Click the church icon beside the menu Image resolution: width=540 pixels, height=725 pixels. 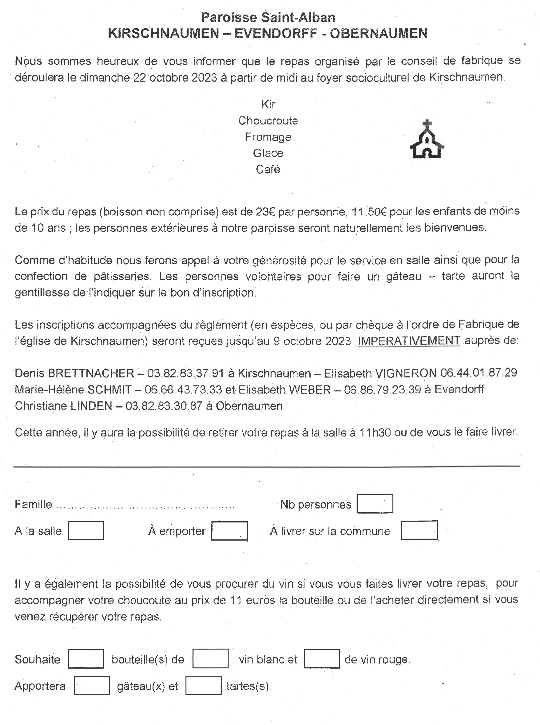pos(427,139)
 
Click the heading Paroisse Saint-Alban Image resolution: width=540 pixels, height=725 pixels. pos(268,17)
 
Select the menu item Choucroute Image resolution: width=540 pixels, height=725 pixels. pos(268,121)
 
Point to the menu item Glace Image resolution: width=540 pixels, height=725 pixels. pos(268,153)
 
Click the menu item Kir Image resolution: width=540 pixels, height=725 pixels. pos(268,104)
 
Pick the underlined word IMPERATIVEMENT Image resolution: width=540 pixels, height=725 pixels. pos(409,341)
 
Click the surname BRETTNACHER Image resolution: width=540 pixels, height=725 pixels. pos(91,373)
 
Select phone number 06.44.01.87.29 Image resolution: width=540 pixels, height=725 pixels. pos(479,373)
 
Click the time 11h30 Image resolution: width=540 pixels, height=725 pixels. pos(375,432)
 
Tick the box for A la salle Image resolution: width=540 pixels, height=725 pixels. pos(86,531)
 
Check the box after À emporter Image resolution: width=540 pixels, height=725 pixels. pos(229,531)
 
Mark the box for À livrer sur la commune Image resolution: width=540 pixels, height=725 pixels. pos(419,530)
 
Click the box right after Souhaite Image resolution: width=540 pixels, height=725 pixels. pos(86,659)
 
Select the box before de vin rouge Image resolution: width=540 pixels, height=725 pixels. pos(322,659)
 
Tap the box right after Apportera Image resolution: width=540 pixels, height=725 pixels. pos(92,685)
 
